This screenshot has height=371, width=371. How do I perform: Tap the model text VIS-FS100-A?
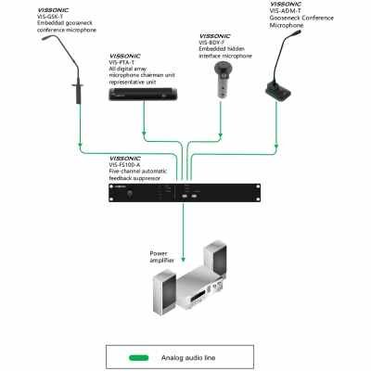(129, 164)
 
